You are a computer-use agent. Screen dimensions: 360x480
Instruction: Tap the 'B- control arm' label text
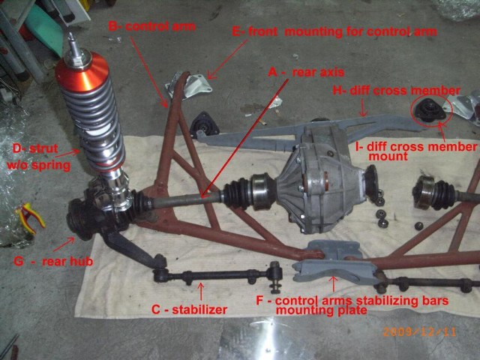[x=152, y=26]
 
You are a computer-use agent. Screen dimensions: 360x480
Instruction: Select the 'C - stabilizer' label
[x=189, y=308]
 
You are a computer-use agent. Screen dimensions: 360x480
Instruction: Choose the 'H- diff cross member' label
[x=395, y=91]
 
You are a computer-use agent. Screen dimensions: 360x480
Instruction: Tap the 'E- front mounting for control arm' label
[x=334, y=32]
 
